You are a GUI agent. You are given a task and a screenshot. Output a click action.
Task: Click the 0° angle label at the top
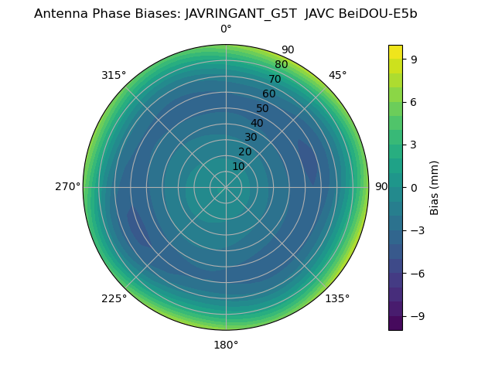(x=226, y=29)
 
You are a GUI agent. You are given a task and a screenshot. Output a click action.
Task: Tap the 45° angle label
(x=337, y=75)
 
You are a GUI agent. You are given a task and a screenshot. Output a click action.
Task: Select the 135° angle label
(x=337, y=298)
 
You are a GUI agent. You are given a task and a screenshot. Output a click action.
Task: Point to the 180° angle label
(x=226, y=345)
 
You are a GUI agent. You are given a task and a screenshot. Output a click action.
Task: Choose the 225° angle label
(x=114, y=298)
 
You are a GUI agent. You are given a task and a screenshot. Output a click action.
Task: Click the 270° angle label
(x=67, y=187)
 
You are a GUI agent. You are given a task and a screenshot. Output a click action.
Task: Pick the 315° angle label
(x=114, y=75)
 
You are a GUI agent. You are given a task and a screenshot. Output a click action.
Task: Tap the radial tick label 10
(x=238, y=166)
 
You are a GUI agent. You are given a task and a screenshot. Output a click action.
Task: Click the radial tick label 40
(x=257, y=123)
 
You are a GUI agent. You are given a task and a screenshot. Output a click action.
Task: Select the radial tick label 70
(x=275, y=79)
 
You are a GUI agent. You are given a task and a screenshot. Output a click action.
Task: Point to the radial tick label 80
(x=281, y=64)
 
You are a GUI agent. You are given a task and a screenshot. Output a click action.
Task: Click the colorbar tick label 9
(x=415, y=58)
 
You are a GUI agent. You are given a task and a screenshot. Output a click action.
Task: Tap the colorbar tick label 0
(x=415, y=187)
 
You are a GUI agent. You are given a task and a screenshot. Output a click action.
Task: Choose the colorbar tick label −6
(x=418, y=273)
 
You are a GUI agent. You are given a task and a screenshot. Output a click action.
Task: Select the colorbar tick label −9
(x=418, y=316)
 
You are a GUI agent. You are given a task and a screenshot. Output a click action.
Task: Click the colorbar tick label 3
(x=415, y=144)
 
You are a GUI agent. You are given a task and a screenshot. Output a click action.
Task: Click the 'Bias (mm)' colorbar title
(x=435, y=187)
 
